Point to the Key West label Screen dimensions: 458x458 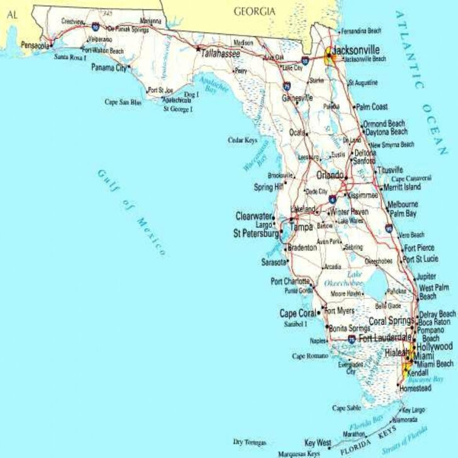click(x=318, y=442)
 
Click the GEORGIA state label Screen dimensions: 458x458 click(x=254, y=11)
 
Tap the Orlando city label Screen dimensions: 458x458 click(x=330, y=175)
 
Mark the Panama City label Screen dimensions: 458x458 click(x=109, y=67)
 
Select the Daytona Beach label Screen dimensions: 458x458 click(x=386, y=132)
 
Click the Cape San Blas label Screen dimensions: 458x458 click(x=123, y=101)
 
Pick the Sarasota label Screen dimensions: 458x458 click(x=274, y=262)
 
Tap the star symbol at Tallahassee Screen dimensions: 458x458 click(x=198, y=49)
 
